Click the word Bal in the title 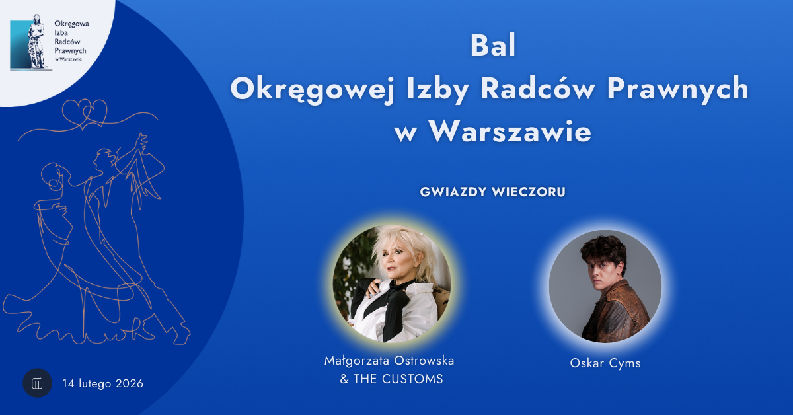pyautogui.click(x=493, y=46)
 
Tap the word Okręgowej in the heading pyautogui.click(x=312, y=89)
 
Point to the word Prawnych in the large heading pyautogui.click(x=677, y=89)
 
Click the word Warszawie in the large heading pyautogui.click(x=510, y=132)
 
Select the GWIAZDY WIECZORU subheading pyautogui.click(x=493, y=192)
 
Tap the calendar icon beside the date pyautogui.click(x=37, y=383)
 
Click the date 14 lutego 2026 pyautogui.click(x=102, y=383)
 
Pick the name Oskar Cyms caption pyautogui.click(x=605, y=363)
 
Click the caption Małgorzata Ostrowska pyautogui.click(x=389, y=361)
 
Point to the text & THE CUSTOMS pyautogui.click(x=391, y=379)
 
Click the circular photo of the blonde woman pyautogui.click(x=392, y=283)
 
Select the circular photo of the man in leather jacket pyautogui.click(x=605, y=286)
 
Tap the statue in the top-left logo pyautogui.click(x=36, y=41)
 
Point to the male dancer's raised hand pyautogui.click(x=143, y=141)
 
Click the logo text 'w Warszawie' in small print pyautogui.click(x=68, y=59)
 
